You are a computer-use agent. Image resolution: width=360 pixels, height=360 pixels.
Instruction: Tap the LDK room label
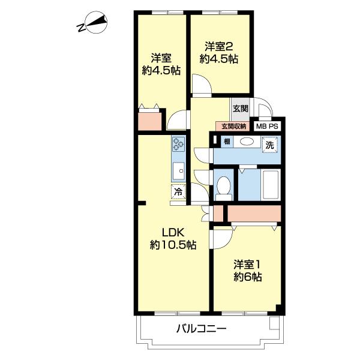(173, 233)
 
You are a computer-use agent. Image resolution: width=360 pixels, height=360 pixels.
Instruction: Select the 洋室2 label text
(219, 47)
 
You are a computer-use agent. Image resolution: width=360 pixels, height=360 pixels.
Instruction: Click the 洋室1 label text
(247, 265)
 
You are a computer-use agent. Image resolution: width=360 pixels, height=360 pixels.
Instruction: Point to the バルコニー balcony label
(201, 329)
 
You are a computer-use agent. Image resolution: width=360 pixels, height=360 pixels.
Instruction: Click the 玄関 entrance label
(241, 109)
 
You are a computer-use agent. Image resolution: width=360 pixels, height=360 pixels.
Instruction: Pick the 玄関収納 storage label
(233, 126)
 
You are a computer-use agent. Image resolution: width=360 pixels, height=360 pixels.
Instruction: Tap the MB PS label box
(267, 126)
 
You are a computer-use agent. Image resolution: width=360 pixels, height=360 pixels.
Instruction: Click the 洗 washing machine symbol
(270, 145)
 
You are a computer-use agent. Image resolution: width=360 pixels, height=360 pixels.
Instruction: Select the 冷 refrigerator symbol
(178, 191)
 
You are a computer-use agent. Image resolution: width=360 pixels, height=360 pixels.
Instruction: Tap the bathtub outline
(271, 185)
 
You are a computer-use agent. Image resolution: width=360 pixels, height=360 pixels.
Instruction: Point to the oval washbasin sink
(247, 142)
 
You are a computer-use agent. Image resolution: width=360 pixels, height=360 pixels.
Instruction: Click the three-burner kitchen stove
(178, 144)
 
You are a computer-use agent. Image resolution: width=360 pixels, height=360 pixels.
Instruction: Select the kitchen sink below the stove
(178, 171)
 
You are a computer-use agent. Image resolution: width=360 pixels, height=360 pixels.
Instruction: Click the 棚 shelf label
(227, 142)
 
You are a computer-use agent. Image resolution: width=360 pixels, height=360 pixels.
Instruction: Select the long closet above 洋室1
(254, 214)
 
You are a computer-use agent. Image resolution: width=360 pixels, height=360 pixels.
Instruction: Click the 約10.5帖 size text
(173, 245)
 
